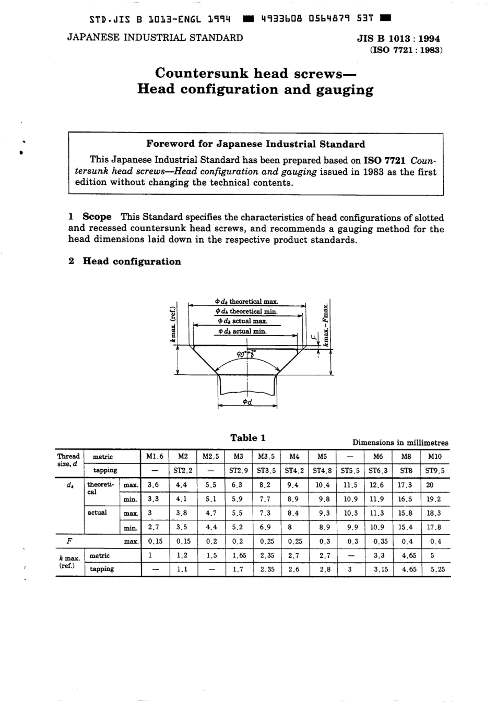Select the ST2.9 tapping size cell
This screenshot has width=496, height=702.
click(238, 470)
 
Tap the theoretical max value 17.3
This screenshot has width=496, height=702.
click(405, 485)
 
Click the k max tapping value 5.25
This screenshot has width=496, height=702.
click(438, 569)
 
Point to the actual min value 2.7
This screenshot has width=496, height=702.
click(153, 527)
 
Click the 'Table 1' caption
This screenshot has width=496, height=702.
click(247, 438)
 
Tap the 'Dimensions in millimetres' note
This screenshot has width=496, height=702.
click(400, 443)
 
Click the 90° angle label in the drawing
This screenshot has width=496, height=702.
click(241, 354)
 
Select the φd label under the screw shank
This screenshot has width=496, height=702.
click(247, 402)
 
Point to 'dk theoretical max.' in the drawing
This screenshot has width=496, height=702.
click(246, 302)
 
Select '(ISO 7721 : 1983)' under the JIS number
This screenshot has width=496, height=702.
click(406, 51)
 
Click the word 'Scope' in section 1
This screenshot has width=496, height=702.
click(97, 217)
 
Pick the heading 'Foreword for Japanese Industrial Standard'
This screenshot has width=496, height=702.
click(255, 144)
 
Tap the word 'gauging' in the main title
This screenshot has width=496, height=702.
click(345, 89)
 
